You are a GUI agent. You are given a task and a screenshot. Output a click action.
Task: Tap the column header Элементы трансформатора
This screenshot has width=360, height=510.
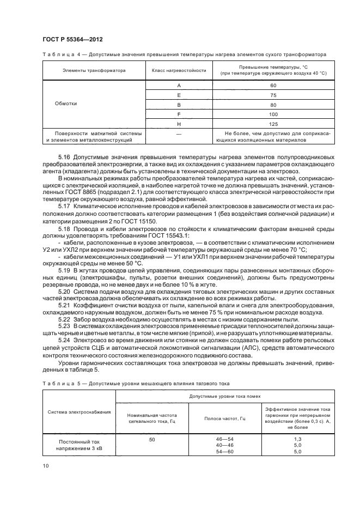coord(94,70)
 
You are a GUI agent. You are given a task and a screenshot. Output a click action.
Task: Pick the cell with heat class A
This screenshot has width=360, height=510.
coord(179,86)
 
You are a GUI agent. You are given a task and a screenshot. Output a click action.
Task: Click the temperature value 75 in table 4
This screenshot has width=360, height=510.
coord(273,95)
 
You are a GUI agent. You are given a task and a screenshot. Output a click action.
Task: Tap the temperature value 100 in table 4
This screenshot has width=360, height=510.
coord(273,114)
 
